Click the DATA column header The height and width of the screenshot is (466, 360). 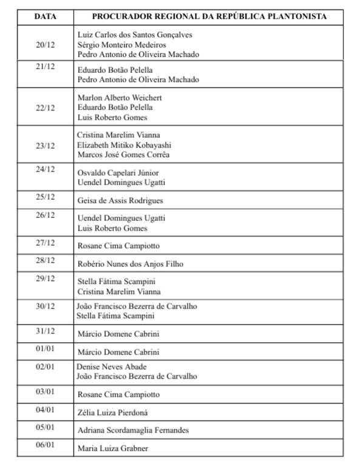[x=46, y=16]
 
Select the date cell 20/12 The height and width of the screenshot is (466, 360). [x=46, y=44]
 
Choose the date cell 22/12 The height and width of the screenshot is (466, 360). [x=46, y=108]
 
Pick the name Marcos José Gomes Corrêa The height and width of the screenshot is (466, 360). [x=123, y=155]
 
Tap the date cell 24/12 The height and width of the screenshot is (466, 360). [x=46, y=169]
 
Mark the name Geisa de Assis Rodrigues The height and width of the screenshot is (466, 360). [x=120, y=201]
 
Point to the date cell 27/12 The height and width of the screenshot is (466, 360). [x=46, y=243]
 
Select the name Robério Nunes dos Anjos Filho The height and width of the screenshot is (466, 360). [x=131, y=264]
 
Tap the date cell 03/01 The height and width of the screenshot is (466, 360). [x=46, y=391]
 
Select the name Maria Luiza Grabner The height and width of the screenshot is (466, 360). [x=113, y=449]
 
